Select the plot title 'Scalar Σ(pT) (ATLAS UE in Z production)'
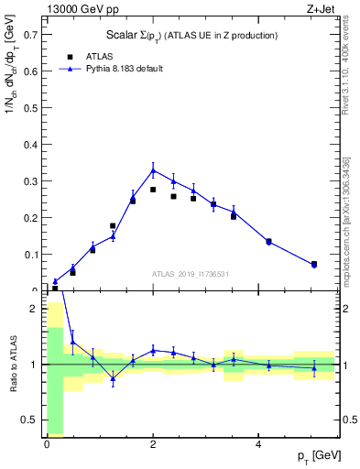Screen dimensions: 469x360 (x=192, y=35)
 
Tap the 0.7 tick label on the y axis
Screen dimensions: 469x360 (x=30, y=35)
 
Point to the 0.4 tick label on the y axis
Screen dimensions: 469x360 (x=30, y=145)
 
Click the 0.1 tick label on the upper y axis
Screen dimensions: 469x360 (x=30, y=255)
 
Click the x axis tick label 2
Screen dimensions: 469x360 (x=153, y=443)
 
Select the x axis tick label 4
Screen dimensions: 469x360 (x=259, y=443)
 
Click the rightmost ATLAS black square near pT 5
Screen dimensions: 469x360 (x=314, y=264)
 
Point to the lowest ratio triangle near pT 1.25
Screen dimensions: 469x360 (x=113, y=378)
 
